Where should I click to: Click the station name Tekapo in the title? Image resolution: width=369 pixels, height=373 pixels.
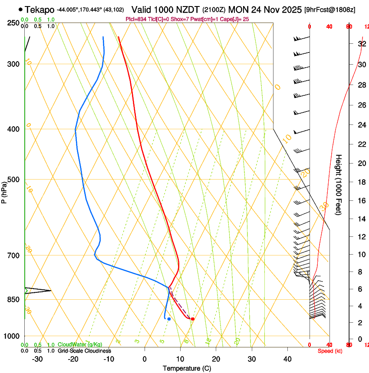[40, 10]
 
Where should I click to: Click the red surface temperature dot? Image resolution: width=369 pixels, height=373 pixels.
[193, 319]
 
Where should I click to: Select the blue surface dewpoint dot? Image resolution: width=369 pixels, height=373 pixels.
[169, 319]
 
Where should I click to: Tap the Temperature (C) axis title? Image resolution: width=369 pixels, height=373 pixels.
[187, 368]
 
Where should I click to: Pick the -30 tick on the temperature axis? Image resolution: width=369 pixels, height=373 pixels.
[37, 359]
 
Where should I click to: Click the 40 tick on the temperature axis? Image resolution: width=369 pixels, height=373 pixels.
[287, 359]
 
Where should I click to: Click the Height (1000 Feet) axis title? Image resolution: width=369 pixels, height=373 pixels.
[339, 184]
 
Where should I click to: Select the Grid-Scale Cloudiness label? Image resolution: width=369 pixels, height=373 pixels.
[84, 351]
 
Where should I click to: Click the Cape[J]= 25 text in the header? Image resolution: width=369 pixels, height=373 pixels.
[236, 19]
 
